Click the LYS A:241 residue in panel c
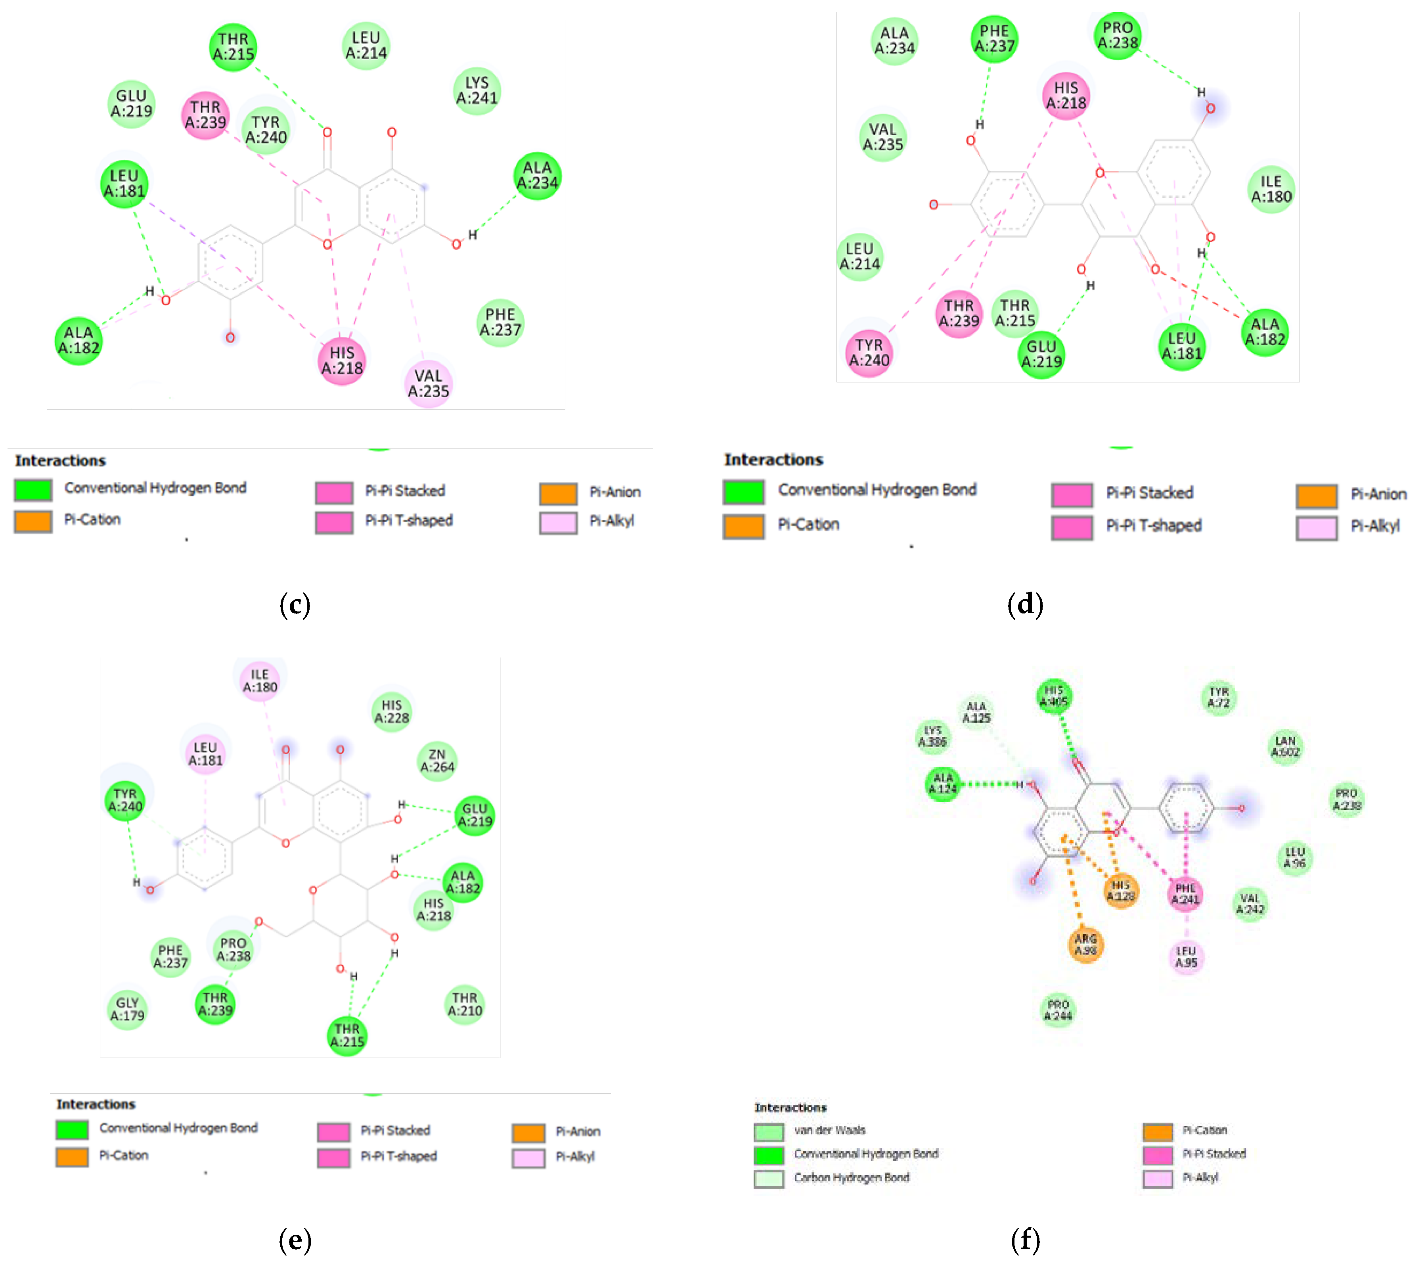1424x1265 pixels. click(x=477, y=90)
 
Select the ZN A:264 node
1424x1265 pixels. click(x=437, y=761)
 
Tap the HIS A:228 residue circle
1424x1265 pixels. click(x=392, y=711)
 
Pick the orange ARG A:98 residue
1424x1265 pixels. click(x=1085, y=945)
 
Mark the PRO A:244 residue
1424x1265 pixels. click(x=1058, y=1010)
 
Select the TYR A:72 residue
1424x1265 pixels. click(x=1219, y=698)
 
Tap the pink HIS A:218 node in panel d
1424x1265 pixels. click(x=1065, y=96)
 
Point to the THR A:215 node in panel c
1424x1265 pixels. click(x=233, y=47)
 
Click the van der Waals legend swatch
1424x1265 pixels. click(x=768, y=1131)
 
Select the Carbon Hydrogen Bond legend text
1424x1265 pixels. click(x=851, y=1177)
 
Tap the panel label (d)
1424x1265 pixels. click(x=1025, y=604)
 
